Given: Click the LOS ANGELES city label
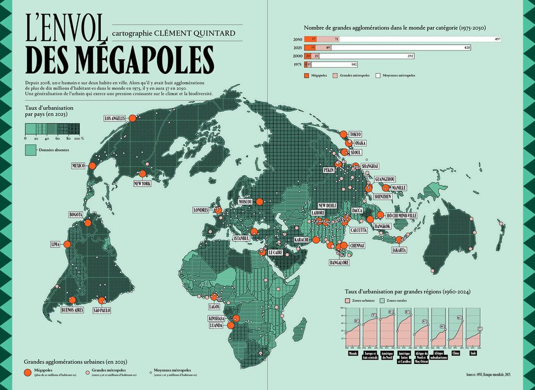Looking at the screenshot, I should [x=114, y=119].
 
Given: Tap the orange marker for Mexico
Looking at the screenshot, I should [x=92, y=166].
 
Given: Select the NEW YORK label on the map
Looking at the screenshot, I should [x=143, y=184].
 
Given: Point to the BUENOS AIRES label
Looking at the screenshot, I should [x=72, y=310].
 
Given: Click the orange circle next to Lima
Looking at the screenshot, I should [x=67, y=244].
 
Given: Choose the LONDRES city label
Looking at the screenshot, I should [x=201, y=210].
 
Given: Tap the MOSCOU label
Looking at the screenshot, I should [x=245, y=202].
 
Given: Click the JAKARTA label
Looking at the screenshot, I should [x=399, y=250].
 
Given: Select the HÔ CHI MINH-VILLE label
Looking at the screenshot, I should [x=402, y=215].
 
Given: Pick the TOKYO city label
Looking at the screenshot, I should [x=355, y=134].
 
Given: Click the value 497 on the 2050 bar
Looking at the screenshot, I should [x=497, y=39].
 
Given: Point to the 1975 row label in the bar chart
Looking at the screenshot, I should [x=297, y=64].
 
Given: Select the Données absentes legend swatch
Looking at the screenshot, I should [x=30, y=150].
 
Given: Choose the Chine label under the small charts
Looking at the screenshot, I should [x=459, y=353].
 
